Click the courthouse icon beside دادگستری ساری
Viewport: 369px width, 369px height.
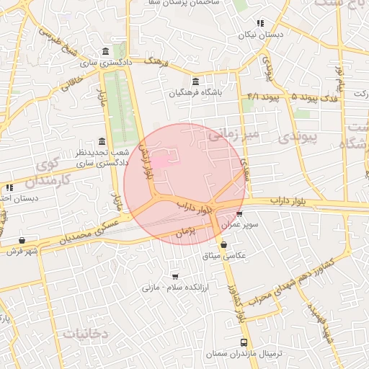(x=107, y=51)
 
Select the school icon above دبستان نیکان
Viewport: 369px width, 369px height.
(x=260, y=23)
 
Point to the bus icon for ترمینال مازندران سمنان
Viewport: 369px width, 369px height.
(x=244, y=343)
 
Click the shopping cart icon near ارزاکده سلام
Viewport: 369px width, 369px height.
(x=175, y=276)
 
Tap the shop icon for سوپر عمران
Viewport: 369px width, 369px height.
(x=239, y=214)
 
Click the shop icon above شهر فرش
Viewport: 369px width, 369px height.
(x=22, y=240)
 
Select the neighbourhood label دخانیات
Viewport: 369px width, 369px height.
(x=85, y=334)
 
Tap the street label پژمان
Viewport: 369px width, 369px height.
(x=185, y=234)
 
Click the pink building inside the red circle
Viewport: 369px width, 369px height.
(x=164, y=160)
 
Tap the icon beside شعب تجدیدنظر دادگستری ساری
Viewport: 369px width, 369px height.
(x=101, y=141)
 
